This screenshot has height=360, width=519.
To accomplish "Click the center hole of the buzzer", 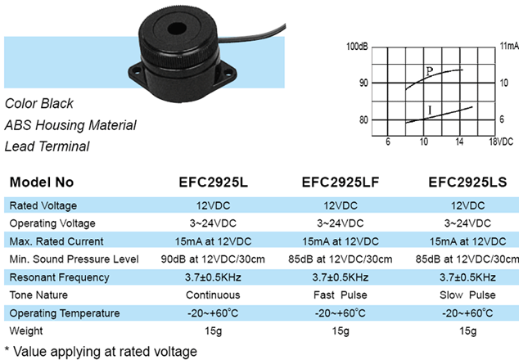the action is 177,29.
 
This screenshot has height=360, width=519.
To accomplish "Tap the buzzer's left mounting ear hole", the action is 136,70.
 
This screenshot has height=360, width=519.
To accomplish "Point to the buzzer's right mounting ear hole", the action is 228,74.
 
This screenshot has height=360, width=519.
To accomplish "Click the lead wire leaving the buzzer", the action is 251,35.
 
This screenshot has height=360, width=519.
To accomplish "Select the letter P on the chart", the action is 429,71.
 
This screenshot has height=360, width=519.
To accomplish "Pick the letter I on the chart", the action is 430,110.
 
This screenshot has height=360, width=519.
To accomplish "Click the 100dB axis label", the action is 357,47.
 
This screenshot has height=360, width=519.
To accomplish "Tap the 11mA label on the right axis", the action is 509,46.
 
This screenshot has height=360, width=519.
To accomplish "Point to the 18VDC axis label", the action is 501,142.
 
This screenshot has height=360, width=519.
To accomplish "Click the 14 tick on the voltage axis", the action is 459,142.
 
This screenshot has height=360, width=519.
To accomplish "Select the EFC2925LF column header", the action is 341,182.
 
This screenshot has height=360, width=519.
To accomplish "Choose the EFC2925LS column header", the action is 467,182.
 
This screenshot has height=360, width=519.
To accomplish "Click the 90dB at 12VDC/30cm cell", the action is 213,259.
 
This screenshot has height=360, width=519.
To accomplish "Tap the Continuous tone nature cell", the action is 213,295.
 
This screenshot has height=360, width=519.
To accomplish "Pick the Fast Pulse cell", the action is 341,295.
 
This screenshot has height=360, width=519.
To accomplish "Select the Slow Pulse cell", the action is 467,295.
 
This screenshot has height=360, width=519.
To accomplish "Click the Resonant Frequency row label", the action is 59,277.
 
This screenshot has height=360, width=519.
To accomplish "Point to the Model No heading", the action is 42,182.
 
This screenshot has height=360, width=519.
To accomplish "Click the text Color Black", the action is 39,104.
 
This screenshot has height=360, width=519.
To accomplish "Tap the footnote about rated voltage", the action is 101,351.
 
